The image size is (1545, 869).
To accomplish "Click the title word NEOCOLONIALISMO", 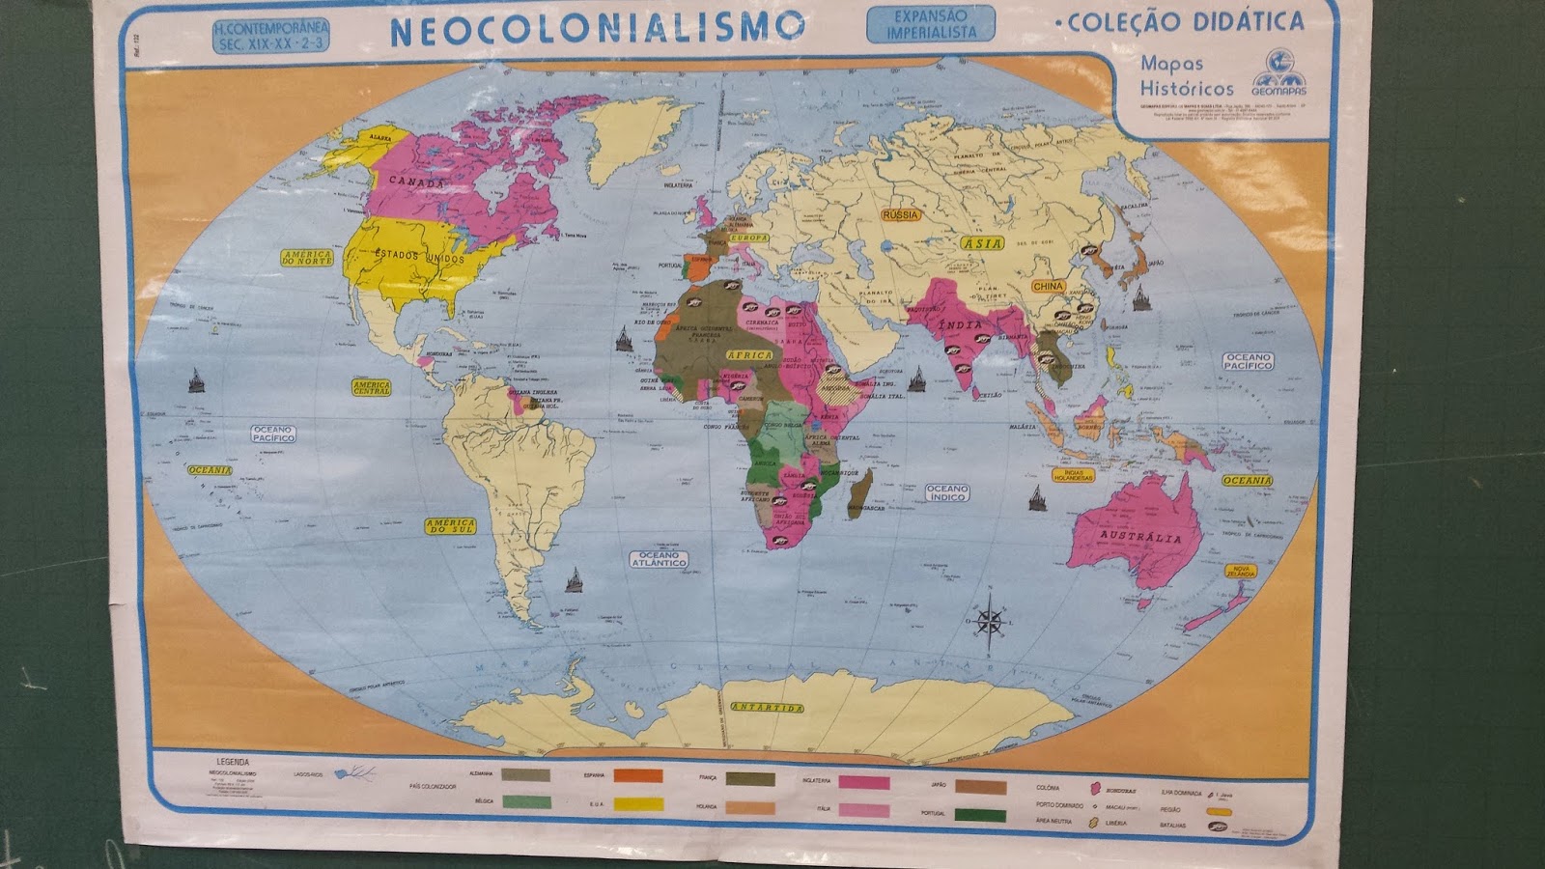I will tap(597, 28).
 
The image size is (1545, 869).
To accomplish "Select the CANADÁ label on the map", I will tap(417, 182).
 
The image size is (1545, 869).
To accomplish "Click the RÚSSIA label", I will tap(900, 214).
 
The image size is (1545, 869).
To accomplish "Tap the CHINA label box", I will tap(1048, 286).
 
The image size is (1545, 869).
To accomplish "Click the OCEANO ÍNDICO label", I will tap(947, 492).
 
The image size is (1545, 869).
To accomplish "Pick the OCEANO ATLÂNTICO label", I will tap(659, 559).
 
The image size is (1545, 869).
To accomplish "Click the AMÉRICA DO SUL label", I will tap(450, 526).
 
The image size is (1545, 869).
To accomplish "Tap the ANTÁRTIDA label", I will tap(767, 708).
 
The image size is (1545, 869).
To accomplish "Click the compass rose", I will tap(990, 620).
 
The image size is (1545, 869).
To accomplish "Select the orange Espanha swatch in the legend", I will tap(638, 775).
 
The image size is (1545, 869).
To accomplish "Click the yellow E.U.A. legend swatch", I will tap(638, 802).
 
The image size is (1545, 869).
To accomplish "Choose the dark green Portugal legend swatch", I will tap(980, 815).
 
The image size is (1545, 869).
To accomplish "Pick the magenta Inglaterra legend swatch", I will tap(863, 783).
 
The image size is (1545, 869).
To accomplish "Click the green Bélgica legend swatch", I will tap(526, 801).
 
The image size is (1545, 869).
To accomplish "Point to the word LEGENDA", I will tap(233, 762).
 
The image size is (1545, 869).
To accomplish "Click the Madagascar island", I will tap(860, 490).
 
